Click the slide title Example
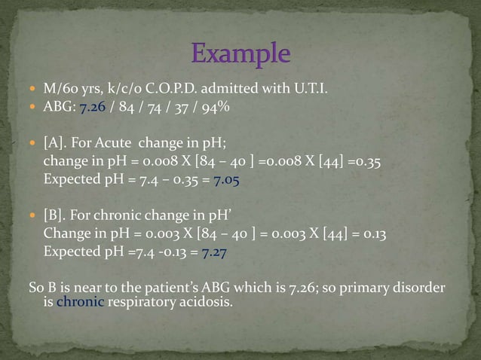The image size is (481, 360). tap(240, 54)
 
